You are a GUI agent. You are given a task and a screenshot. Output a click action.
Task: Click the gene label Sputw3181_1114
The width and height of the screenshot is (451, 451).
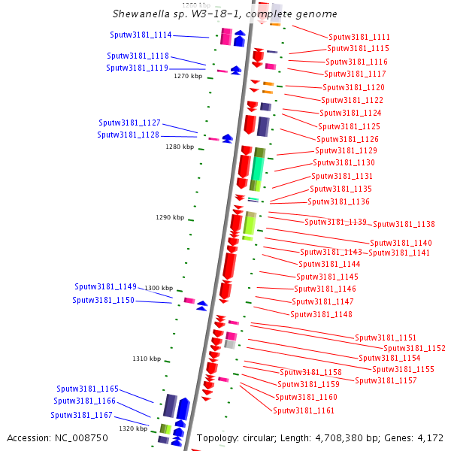[141, 35]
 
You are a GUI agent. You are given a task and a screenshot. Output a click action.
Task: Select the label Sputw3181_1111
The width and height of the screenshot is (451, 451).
[359, 37]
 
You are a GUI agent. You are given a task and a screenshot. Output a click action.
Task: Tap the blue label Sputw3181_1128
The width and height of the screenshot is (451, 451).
[129, 135]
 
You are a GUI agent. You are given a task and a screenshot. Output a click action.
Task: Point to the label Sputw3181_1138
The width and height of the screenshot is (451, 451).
[404, 224]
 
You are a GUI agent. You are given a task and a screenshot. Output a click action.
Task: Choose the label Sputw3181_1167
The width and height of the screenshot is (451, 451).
[82, 415]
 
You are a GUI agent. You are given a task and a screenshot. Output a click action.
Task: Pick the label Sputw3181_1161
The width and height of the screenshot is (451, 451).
[304, 410]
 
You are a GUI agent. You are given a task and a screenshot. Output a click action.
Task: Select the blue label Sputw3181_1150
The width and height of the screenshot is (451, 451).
[104, 300]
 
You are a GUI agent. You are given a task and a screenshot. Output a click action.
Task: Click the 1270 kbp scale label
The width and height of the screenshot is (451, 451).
[188, 76]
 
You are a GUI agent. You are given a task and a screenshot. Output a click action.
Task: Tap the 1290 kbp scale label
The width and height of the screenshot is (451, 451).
[170, 217]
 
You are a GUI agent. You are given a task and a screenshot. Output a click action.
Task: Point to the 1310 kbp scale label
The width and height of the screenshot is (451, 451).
[147, 359]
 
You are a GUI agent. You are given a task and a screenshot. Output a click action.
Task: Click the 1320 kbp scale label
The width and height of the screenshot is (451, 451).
[132, 428]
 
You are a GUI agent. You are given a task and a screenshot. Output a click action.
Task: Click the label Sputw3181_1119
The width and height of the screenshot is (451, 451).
[138, 68]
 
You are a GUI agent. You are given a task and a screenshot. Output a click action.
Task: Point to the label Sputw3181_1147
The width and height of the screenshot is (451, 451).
[323, 301]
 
